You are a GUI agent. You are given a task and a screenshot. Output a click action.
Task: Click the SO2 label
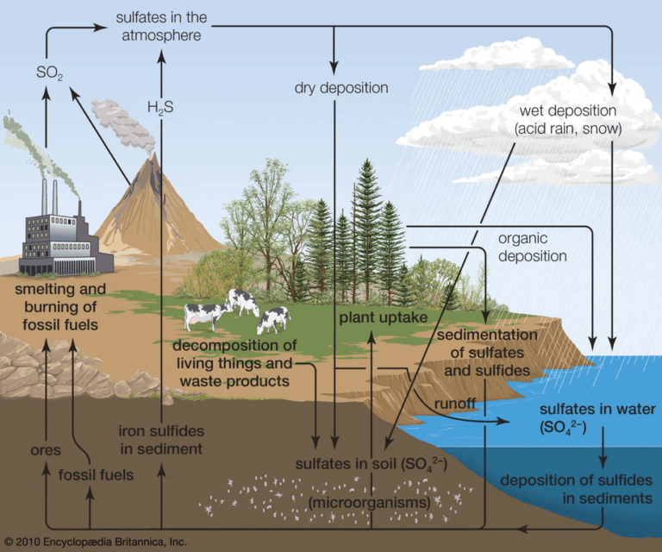pos(50,74)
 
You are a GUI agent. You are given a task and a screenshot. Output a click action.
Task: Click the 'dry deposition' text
pos(340,88)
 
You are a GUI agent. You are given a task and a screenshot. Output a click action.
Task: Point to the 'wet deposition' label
pos(568,120)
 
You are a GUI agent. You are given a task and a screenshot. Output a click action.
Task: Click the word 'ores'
pos(41,448)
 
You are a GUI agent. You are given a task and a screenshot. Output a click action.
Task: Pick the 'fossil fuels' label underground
pos(96,474)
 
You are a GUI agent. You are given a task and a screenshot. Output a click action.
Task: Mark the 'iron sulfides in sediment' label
pos(160,440)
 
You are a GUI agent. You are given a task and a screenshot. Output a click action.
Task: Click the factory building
pos(60,237)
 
